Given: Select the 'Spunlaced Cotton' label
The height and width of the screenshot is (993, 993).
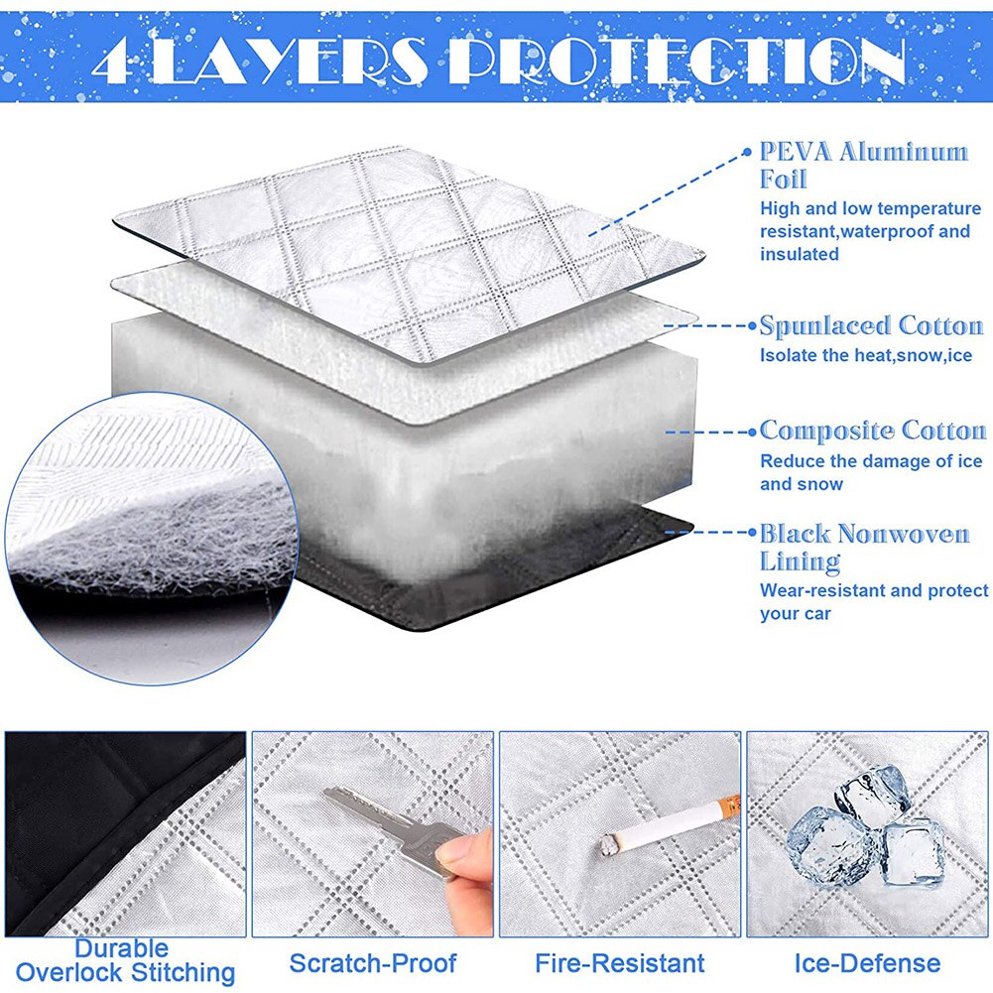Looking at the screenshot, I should tap(871, 326).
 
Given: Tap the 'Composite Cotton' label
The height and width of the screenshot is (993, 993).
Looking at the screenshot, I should tap(872, 431).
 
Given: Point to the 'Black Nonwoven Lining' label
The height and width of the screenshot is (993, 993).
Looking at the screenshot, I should tap(863, 547).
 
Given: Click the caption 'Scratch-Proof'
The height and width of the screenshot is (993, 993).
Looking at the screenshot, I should tap(372, 962).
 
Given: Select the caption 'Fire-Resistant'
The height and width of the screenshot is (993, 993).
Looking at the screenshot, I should tap(620, 962).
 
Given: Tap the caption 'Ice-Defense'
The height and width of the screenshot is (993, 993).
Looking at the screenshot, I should tap(867, 962).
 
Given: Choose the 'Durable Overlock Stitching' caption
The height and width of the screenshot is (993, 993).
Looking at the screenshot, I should tap(125, 961).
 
